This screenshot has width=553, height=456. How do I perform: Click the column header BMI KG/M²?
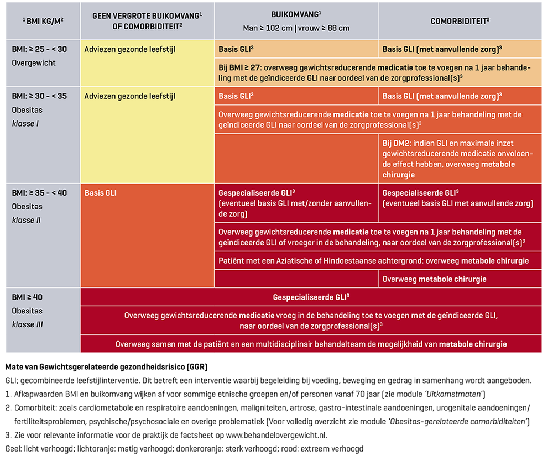point(43,21)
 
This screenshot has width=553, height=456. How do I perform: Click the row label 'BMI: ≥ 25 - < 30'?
point(39,49)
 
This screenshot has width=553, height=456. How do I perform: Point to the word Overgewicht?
point(34,63)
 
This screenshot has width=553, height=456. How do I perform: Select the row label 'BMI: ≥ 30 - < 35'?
point(39,96)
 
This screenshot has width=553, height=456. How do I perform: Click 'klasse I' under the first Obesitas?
point(25,123)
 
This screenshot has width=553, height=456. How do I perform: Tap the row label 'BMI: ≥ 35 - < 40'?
point(39,193)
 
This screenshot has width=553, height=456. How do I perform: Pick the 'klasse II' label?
point(27,220)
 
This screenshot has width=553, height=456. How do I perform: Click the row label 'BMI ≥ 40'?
point(27,297)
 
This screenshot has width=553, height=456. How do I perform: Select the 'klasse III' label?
point(28,324)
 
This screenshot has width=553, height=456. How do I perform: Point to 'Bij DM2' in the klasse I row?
point(395,143)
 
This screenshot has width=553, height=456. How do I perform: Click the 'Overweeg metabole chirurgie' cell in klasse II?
point(434,279)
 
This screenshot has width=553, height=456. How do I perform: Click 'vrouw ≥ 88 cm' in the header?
point(322,28)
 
